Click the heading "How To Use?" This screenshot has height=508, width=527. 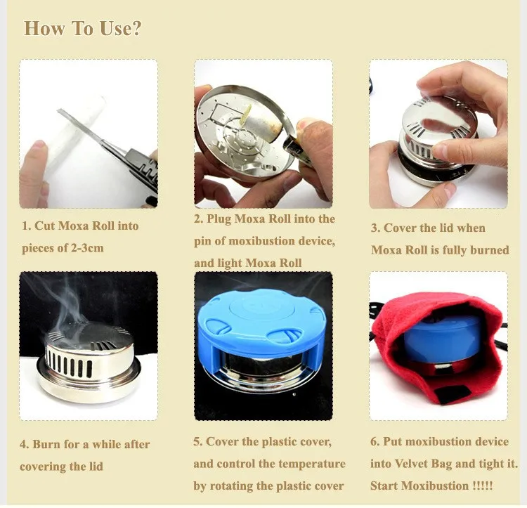[82, 28]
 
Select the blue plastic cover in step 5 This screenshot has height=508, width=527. [258, 331]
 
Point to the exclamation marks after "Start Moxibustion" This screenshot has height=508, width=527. [482, 486]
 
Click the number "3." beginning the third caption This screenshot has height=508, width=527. [376, 228]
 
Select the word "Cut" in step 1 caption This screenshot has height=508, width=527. [45, 226]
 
